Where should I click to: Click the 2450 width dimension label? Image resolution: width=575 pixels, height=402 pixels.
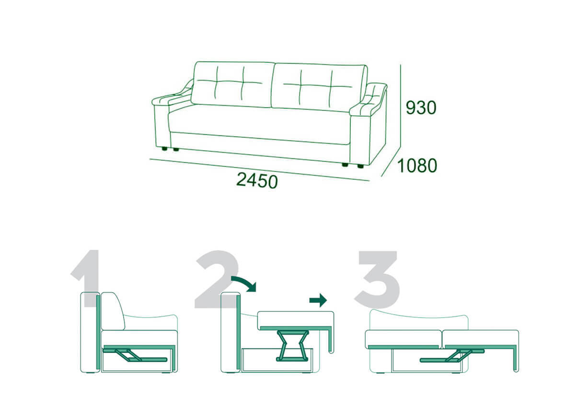coord(257,180)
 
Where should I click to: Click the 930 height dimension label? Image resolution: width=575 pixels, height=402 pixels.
coord(421,107)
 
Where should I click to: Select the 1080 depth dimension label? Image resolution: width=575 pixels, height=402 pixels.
coord(417,166)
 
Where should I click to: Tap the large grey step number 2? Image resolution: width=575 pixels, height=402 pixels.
coord(217,279)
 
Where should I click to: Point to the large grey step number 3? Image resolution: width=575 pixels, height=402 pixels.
coord(378,279)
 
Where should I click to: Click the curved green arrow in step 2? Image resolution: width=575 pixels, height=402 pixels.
coord(244,284)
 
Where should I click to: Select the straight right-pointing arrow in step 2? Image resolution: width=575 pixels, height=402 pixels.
coord(318,300)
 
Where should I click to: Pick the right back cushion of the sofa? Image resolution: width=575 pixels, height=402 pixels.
coord(320,87)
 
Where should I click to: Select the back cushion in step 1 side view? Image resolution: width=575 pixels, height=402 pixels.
coord(113,311)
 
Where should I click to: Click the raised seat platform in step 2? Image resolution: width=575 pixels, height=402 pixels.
coord(296,320)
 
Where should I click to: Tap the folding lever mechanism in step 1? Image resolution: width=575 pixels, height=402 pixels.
coord(135,355)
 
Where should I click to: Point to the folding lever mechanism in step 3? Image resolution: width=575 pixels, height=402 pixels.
coord(452,356)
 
